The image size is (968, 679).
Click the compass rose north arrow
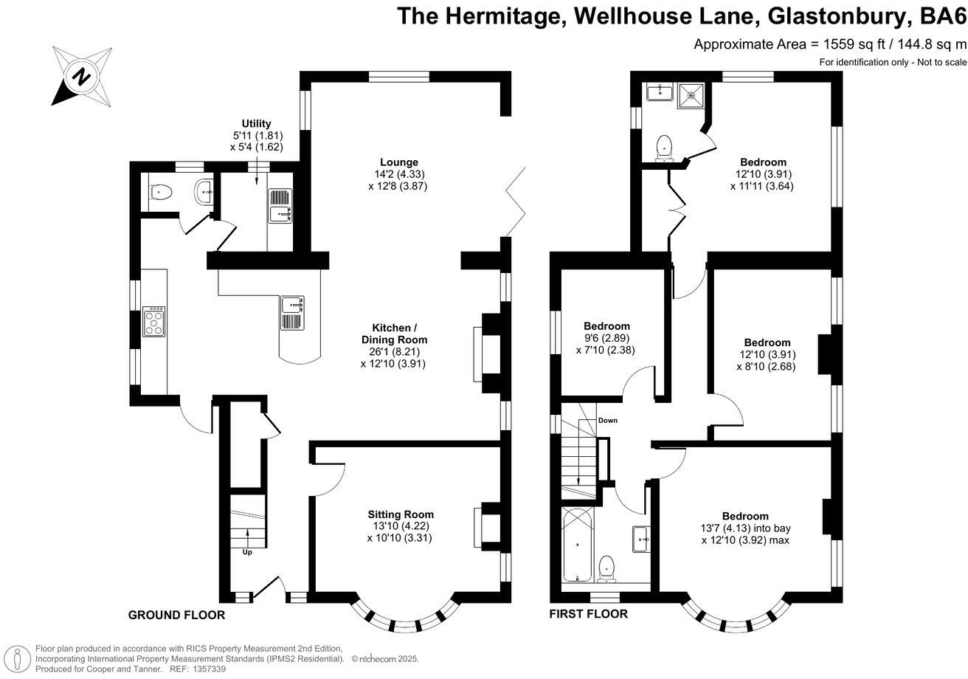tap(82, 75)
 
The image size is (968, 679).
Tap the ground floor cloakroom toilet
tap(160, 193)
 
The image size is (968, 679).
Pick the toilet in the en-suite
tap(664, 147)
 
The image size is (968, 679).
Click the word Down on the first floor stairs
tap(608, 421)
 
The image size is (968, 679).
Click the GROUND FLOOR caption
tap(176, 615)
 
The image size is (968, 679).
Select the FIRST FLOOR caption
tap(589, 614)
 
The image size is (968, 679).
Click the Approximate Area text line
tap(830, 44)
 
